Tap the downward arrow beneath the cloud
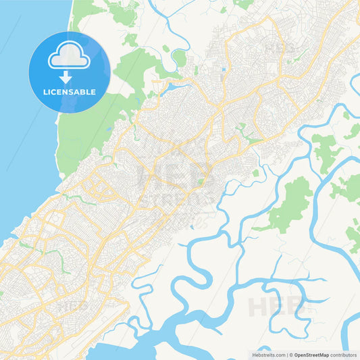(x=70, y=76)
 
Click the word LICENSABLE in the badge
(x=70, y=92)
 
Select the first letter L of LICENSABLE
(x=45, y=92)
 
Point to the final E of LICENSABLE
(x=93, y=92)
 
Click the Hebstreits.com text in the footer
(x=269, y=355)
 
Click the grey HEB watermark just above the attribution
(x=276, y=307)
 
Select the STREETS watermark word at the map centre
(x=179, y=200)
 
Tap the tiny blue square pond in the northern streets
(x=223, y=70)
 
